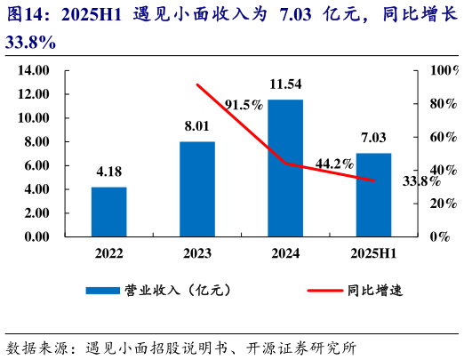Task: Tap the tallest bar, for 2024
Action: click(285, 168)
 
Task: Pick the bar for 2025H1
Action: click(373, 195)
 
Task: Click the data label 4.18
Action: click(108, 172)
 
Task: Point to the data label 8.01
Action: click(196, 126)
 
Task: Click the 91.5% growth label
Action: click(244, 105)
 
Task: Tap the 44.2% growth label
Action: click(335, 164)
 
